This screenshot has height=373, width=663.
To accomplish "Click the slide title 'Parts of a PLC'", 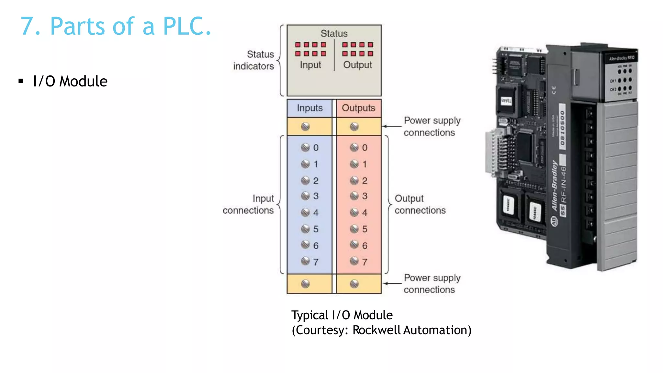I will pyautogui.click(x=116, y=26).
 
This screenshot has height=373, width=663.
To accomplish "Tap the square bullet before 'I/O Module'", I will pyautogui.click(x=21, y=81).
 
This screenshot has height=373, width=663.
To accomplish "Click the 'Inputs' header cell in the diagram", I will pyautogui.click(x=309, y=108).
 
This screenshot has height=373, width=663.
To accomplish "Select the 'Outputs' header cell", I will pyautogui.click(x=358, y=108).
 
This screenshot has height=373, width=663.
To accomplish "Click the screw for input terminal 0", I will pyautogui.click(x=305, y=148).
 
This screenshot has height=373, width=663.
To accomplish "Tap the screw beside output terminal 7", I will pyautogui.click(x=354, y=261).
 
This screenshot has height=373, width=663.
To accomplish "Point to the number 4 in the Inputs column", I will pyautogui.click(x=316, y=213).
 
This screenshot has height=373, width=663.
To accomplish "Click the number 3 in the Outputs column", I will pyautogui.click(x=365, y=196).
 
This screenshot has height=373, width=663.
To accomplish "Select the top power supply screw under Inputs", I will pyautogui.click(x=305, y=126).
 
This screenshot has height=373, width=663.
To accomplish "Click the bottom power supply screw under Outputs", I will pyautogui.click(x=354, y=284).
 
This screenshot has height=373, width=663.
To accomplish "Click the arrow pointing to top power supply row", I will pyautogui.click(x=392, y=126).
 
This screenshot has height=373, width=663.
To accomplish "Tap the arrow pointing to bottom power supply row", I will pyautogui.click(x=392, y=284).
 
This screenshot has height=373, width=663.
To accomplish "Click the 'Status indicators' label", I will pyautogui.click(x=253, y=60).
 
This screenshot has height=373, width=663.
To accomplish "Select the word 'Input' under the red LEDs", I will pyautogui.click(x=310, y=65).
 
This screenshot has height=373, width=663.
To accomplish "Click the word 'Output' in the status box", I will pyautogui.click(x=357, y=65).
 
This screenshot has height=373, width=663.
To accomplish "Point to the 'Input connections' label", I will pyautogui.click(x=248, y=204).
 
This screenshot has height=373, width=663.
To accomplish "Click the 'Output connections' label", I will pyautogui.click(x=420, y=204).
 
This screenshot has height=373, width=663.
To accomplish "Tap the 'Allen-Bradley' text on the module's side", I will pyautogui.click(x=555, y=186).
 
